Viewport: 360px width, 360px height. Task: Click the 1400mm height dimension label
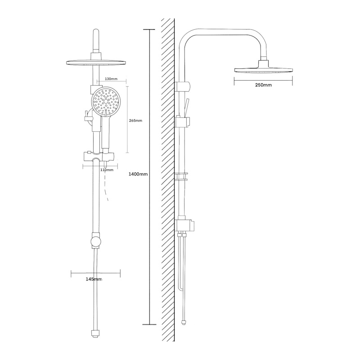point(138,174)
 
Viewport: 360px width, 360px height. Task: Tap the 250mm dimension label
point(263,85)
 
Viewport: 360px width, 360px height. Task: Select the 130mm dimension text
point(111,79)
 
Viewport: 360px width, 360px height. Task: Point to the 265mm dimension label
point(136,121)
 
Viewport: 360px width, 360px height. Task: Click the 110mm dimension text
point(107,170)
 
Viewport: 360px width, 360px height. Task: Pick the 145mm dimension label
point(94,279)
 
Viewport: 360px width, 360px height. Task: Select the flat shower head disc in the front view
point(96,63)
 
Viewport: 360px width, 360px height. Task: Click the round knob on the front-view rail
point(96,242)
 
